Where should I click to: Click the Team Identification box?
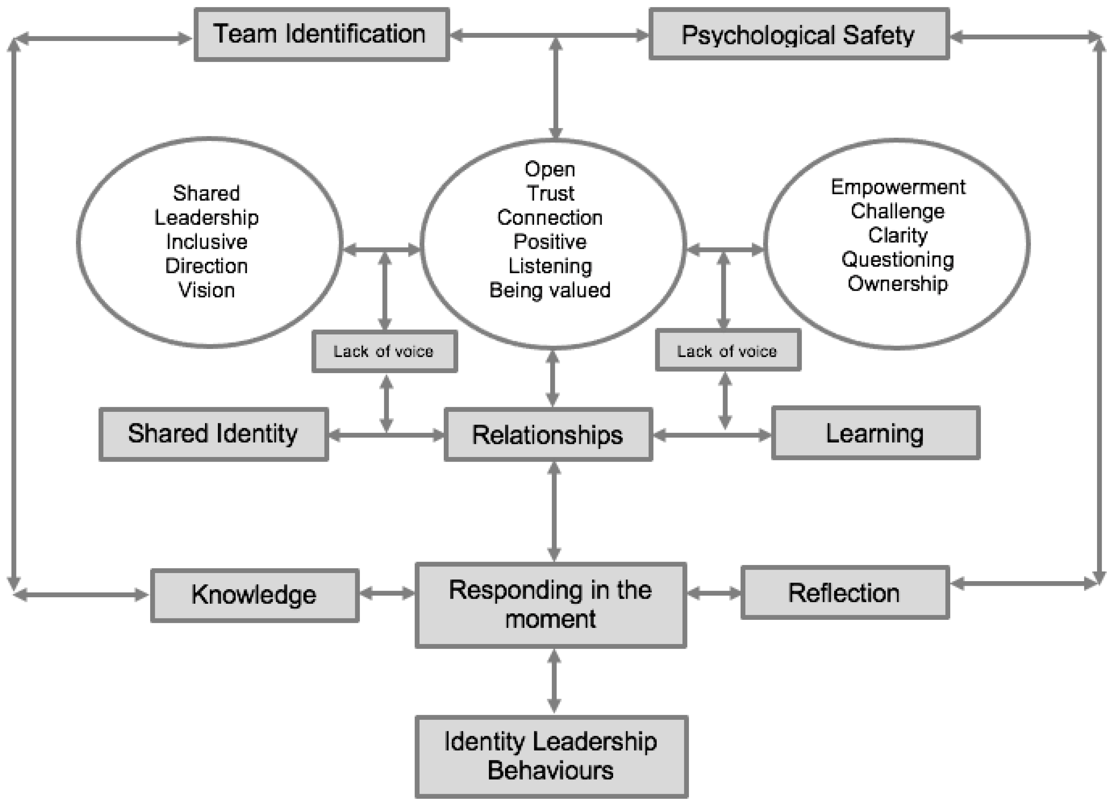[321, 34]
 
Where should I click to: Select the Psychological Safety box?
[799, 34]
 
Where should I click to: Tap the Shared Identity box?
[213, 434]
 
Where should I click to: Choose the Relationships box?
[548, 435]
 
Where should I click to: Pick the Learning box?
[875, 433]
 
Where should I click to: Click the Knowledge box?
[254, 595]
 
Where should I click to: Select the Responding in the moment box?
[550, 605]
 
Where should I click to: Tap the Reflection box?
[844, 593]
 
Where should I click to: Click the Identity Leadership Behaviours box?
[551, 756]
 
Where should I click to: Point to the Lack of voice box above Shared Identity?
[384, 351]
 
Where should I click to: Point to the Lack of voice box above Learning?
[728, 351]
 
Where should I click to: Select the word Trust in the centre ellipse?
[550, 193]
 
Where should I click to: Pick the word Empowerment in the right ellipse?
[898, 187]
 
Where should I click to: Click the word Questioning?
[898, 259]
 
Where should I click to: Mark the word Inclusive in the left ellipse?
[207, 242]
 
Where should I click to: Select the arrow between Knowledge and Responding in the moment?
[387, 593]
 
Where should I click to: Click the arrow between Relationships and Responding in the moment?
[554, 512]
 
